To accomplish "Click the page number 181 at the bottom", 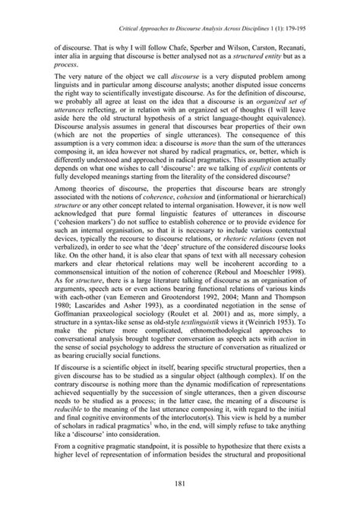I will (x=180, y=486).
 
